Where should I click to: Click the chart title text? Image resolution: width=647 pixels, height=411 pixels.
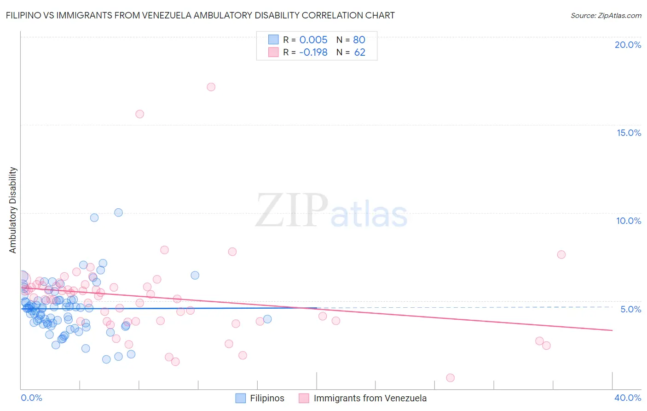tap(200, 15)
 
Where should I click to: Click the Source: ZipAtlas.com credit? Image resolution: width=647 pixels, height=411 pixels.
tap(606, 15)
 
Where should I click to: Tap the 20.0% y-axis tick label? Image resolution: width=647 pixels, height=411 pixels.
tap(628, 45)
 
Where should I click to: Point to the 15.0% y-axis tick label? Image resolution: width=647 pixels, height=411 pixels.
tap(629, 133)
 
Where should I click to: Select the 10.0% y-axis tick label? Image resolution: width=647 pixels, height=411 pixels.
tap(629, 221)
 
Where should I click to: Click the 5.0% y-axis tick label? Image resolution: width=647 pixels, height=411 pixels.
tap(630, 309)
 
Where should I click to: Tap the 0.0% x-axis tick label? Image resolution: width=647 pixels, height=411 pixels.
tap(31, 398)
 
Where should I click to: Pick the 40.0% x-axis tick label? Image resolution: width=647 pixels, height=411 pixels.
tap(628, 398)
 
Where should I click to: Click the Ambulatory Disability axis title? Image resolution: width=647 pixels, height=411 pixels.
tap(13, 210)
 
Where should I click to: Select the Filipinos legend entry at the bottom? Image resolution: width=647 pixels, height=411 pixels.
tap(260, 398)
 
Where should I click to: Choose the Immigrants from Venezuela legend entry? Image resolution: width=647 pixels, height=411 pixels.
tap(363, 398)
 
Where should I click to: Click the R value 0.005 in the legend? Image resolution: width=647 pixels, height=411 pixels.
tap(313, 40)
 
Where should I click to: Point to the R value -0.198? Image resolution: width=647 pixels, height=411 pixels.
tap(313, 53)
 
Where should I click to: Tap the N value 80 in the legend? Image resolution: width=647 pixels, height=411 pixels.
tap(359, 40)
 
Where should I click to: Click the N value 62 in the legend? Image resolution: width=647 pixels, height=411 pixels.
tap(359, 53)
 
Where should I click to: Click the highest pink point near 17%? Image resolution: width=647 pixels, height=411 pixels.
tap(211, 87)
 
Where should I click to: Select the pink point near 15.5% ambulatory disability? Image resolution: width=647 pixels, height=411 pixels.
tap(139, 114)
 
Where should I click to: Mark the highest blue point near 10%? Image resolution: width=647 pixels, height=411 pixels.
tap(118, 212)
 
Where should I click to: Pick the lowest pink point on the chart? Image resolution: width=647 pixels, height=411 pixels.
tap(450, 378)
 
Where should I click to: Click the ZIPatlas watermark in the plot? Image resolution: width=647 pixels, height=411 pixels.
tap(331, 211)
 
